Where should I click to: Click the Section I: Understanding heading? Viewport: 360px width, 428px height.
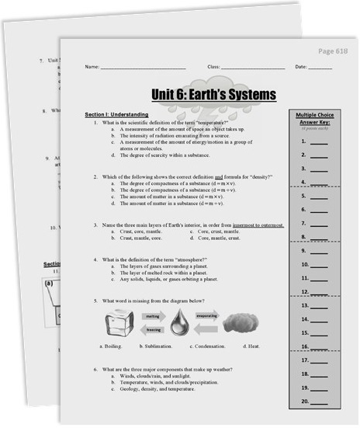coord(116,114)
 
